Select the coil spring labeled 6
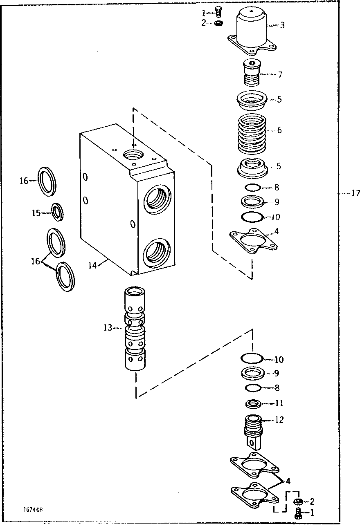click(x=252, y=131)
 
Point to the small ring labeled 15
click(x=57, y=212)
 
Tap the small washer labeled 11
click(x=253, y=404)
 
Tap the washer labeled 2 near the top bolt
click(x=218, y=23)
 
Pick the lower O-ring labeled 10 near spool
click(x=252, y=358)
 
